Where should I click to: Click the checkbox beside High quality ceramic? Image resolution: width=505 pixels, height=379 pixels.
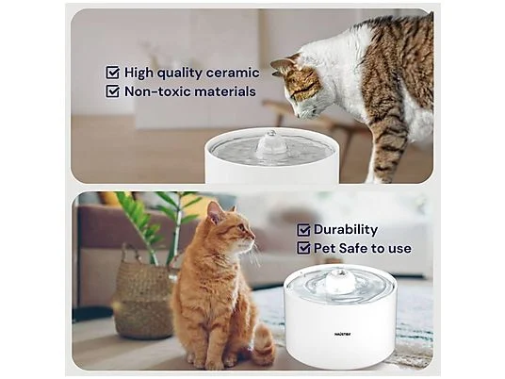[113, 72]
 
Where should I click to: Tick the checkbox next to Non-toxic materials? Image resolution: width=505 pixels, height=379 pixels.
[113, 91]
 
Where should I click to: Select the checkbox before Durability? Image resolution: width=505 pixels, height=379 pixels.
[302, 229]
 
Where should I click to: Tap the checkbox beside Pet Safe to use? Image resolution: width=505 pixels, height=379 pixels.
[302, 248]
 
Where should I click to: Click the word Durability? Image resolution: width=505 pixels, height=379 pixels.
[347, 229]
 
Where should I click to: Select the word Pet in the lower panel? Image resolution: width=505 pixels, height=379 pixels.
[329, 248]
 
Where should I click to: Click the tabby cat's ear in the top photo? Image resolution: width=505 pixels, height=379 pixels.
[280, 64]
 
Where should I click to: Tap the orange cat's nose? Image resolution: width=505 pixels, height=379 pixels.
[252, 235]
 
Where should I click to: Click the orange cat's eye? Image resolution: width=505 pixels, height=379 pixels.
[241, 226]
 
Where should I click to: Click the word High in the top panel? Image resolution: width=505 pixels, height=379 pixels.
[141, 72]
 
